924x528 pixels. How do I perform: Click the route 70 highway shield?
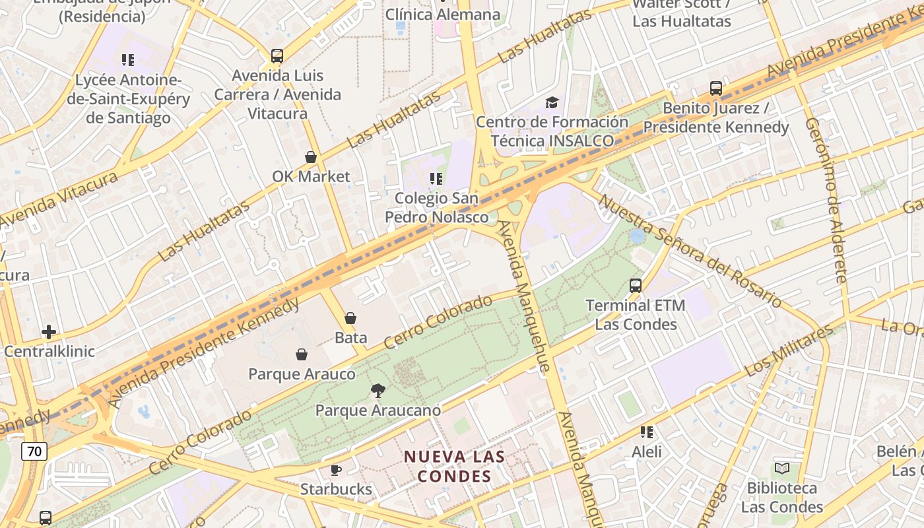pyautogui.click(x=34, y=451)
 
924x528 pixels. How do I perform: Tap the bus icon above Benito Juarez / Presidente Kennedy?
pyautogui.click(x=716, y=88)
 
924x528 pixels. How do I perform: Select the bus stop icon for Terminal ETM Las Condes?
pyautogui.click(x=636, y=286)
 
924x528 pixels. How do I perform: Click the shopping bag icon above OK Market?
pyautogui.click(x=311, y=157)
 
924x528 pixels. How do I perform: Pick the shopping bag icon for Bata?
pyautogui.click(x=350, y=318)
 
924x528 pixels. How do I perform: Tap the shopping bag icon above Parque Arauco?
pyautogui.click(x=302, y=354)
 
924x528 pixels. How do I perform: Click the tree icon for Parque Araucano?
pyautogui.click(x=378, y=391)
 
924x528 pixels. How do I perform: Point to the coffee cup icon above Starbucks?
pyautogui.click(x=336, y=470)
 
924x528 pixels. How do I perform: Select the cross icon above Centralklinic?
pyautogui.click(x=49, y=331)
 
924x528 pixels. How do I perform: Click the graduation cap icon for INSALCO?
pyautogui.click(x=552, y=102)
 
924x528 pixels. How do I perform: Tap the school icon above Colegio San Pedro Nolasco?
pyautogui.click(x=436, y=178)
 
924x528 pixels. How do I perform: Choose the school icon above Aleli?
pyautogui.click(x=647, y=432)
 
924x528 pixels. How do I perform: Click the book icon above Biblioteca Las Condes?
pyautogui.click(x=782, y=469)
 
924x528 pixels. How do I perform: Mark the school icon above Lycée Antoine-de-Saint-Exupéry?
pyautogui.click(x=128, y=60)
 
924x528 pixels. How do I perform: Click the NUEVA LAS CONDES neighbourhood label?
pyautogui.click(x=454, y=466)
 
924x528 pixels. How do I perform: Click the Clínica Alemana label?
pyautogui.click(x=443, y=14)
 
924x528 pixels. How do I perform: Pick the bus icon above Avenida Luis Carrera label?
pyautogui.click(x=277, y=56)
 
